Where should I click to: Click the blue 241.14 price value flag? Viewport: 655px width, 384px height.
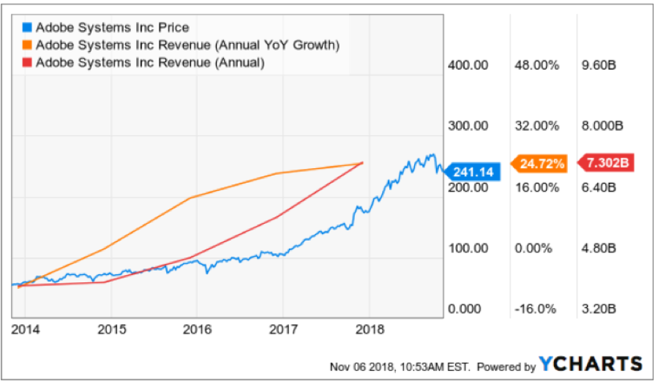point(473,172)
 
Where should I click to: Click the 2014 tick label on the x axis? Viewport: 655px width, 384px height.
point(26,328)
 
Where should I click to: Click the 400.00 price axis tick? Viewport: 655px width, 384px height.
point(468,65)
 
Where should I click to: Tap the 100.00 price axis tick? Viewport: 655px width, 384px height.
point(468,249)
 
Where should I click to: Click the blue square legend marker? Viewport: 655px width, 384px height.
point(27,28)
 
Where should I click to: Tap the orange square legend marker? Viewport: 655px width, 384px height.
point(27,45)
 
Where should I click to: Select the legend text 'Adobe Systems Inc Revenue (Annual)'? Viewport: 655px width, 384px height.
point(150,63)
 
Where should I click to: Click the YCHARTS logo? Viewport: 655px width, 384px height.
point(591,364)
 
